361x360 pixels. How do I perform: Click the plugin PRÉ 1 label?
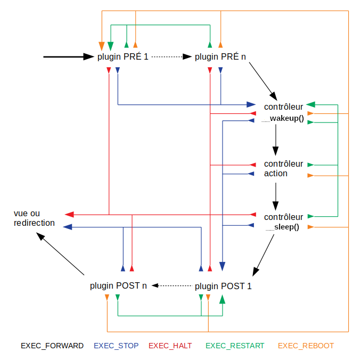point(123,56)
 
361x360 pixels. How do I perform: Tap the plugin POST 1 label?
point(223,286)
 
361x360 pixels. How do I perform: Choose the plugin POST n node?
point(118,286)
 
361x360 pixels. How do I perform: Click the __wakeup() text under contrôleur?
point(283,118)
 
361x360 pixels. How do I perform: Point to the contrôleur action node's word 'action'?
point(276,174)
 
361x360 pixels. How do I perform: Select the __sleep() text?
point(283,227)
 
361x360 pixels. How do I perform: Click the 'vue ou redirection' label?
point(34,218)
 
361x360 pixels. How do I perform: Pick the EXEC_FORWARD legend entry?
point(52,346)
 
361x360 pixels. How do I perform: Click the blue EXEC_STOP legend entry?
point(116,346)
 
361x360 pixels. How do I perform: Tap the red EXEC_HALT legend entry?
point(170,346)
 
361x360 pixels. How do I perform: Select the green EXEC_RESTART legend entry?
point(235,346)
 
